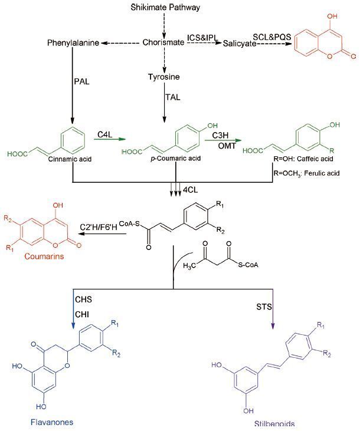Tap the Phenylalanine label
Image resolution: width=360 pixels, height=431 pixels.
coord(73,43)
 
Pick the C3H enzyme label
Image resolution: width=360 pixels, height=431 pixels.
coord(222,135)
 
